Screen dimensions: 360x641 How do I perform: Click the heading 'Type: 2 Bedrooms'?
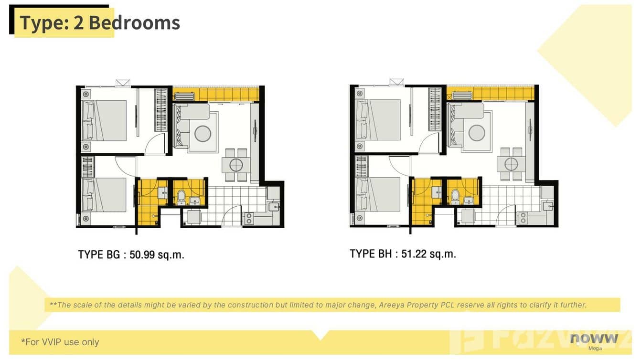pyautogui.click(x=100, y=23)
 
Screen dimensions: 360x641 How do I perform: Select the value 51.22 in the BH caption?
pyautogui.click(x=414, y=254)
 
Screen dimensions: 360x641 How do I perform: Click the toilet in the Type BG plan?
pyautogui.click(x=181, y=195)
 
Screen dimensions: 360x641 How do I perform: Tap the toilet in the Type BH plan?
pyautogui.click(x=455, y=195)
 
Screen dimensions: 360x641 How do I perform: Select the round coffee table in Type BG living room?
pyautogui.click(x=203, y=133)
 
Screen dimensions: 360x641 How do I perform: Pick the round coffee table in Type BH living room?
pyautogui.click(x=477, y=132)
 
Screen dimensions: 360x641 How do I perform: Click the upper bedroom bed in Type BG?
pyautogui.click(x=105, y=120)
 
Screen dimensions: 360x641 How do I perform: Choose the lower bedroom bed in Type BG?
pyautogui.click(x=105, y=194)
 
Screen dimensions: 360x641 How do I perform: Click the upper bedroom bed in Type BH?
pyautogui.click(x=379, y=120)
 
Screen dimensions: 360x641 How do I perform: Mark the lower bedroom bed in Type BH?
pyautogui.click(x=379, y=194)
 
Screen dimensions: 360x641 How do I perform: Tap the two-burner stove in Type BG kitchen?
pyautogui.click(x=249, y=219)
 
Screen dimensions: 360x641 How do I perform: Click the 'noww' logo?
pyautogui.click(x=594, y=339)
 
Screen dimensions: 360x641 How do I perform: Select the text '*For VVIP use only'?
pyautogui.click(x=60, y=342)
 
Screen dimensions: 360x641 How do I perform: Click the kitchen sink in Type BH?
pyautogui.click(x=548, y=206)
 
